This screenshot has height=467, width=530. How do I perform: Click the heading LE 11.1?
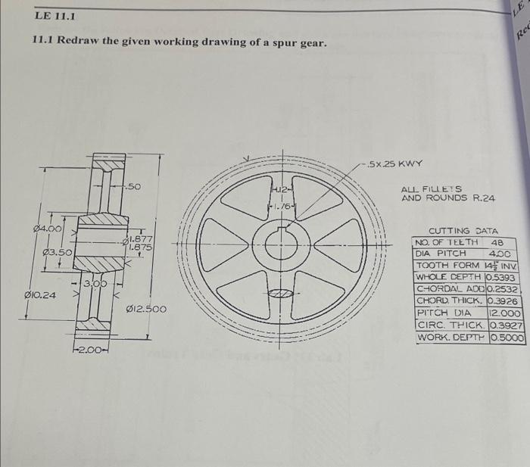55,16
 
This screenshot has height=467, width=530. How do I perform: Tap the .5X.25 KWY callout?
393,163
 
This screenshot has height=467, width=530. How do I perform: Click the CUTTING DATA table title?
463,231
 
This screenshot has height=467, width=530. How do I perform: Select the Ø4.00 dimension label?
48,229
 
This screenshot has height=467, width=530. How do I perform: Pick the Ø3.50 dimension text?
57,251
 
